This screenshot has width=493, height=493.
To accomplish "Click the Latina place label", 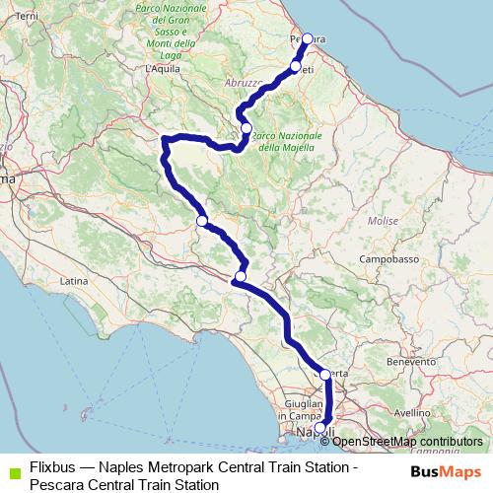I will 74,281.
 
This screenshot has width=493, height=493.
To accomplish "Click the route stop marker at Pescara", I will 307,38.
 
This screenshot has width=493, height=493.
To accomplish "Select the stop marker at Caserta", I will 325,375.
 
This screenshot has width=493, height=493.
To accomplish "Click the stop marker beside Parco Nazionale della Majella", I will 246,127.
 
